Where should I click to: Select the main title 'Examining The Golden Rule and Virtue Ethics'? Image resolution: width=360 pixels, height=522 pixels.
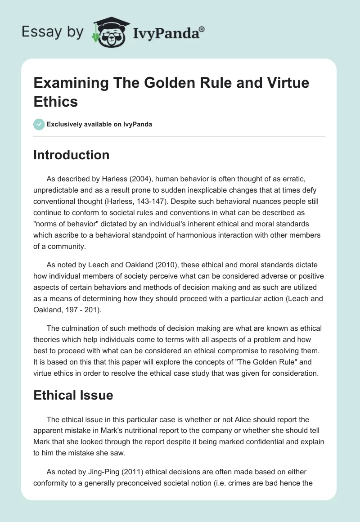pos(171,92)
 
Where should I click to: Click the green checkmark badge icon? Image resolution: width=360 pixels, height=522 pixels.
pos(39,124)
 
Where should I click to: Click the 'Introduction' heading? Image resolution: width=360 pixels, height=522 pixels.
pos(72,155)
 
